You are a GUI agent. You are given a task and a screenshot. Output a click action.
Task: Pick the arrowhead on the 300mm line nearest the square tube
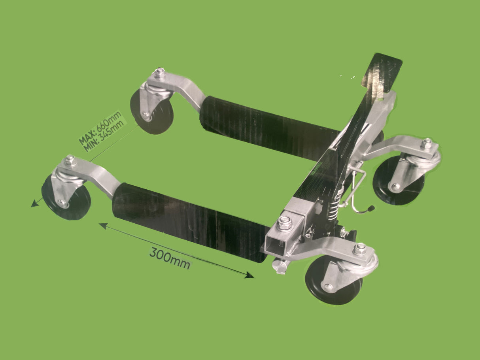coord(249,275)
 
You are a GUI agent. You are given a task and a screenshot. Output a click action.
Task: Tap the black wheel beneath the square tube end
coord(334,282)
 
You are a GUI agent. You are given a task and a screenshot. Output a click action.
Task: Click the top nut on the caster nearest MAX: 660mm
coord(160,73)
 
